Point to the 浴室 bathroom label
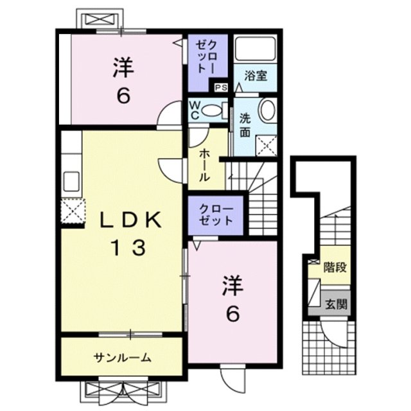tap(255, 76)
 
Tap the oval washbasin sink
tap(267, 110)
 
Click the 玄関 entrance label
tap(333, 304)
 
